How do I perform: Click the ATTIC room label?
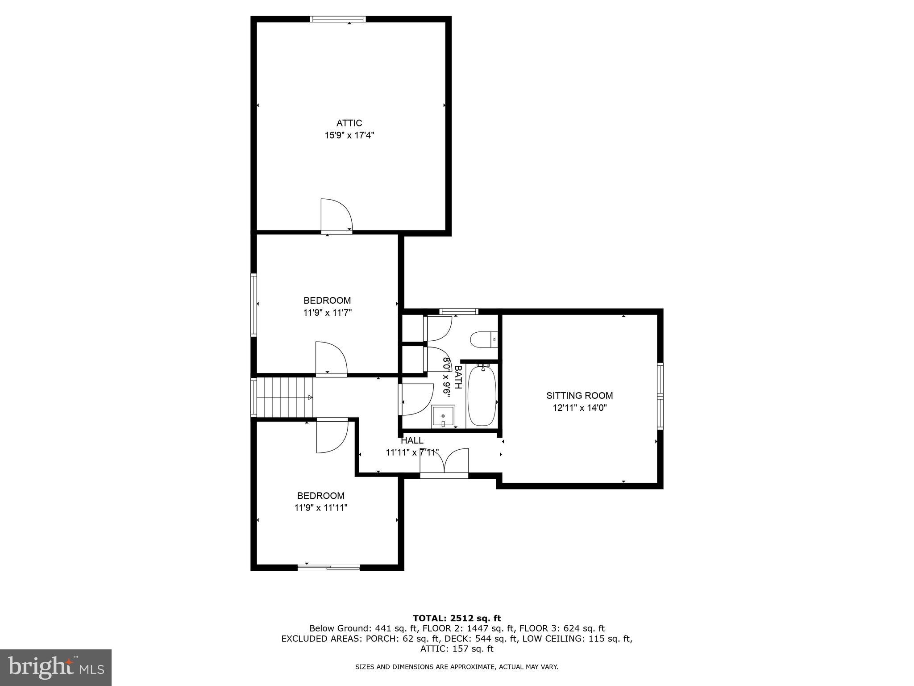tap(349, 123)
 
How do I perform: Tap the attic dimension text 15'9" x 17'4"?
tap(349, 135)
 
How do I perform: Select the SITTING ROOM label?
tap(579, 396)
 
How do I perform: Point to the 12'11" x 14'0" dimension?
tap(579, 408)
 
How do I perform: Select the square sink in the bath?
tap(443, 417)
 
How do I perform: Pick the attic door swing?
tap(336, 215)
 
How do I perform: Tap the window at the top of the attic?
tap(338, 19)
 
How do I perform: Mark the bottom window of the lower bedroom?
tap(329, 568)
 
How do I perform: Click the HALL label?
tap(412, 441)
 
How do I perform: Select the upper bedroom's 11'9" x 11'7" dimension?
tap(328, 313)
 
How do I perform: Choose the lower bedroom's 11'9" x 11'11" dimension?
tap(321, 508)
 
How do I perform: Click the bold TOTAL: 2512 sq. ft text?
tap(457, 618)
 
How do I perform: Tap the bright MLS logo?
tap(56, 667)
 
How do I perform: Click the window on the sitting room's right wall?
tap(660, 396)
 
